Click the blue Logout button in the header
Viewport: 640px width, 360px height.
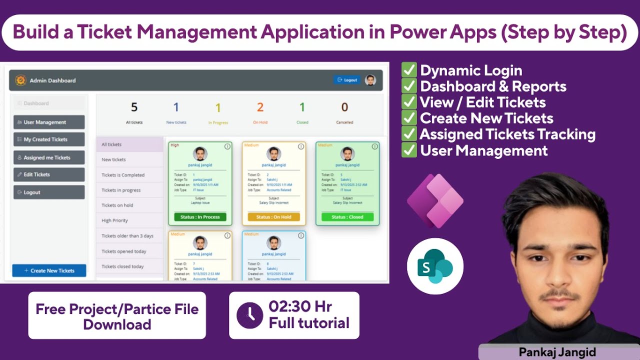[x=347, y=80]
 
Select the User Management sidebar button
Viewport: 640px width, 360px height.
[x=49, y=122]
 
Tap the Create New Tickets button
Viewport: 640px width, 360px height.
[x=49, y=270]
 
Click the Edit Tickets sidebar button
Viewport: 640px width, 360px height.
[x=49, y=174]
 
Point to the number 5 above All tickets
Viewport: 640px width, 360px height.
[x=134, y=107]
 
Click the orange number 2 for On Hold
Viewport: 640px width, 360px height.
[x=260, y=107]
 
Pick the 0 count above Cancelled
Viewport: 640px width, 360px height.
[x=344, y=107]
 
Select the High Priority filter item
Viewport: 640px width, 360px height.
[x=115, y=220]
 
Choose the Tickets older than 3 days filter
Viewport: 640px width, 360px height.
[x=127, y=236]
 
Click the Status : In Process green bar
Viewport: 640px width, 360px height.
[x=200, y=217]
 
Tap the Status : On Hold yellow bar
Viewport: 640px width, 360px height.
[x=273, y=217]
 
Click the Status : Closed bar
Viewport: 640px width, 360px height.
[x=347, y=217]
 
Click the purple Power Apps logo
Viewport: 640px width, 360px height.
[x=435, y=201]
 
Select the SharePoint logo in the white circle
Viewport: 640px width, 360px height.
[x=435, y=266]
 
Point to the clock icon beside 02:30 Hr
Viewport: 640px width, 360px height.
[x=249, y=315]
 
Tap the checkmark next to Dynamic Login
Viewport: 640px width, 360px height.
[x=409, y=70]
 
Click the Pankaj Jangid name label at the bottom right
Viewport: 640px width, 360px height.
[x=557, y=352]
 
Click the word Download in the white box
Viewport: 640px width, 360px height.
[x=117, y=324]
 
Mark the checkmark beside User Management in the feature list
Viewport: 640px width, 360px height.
[x=409, y=150]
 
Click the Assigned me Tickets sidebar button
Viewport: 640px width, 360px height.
[x=49, y=157]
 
